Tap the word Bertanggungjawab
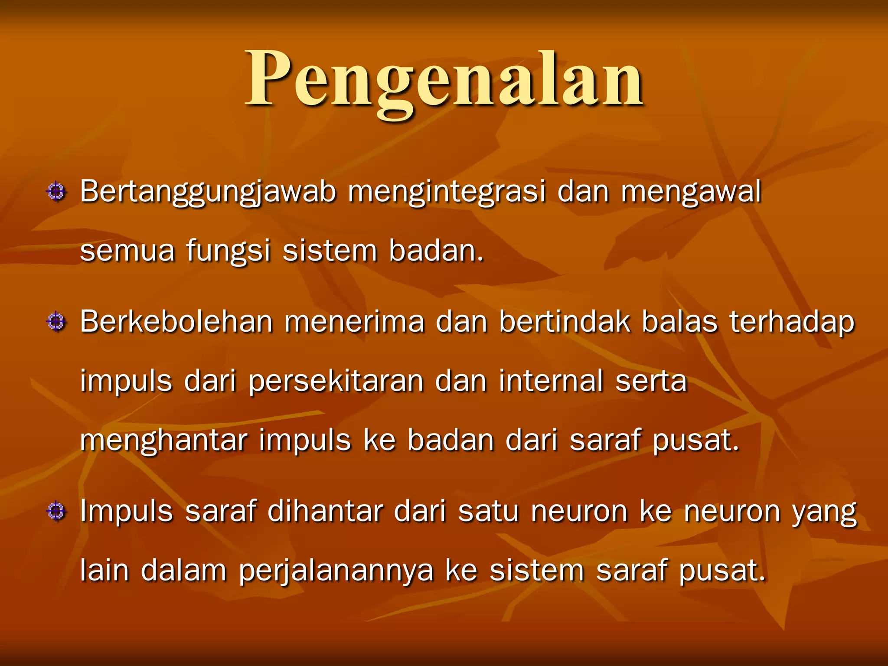pos(208,192)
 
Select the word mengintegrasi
pos(447,192)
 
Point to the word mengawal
pos(691,192)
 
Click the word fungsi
pos(228,251)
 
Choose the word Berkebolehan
pos(176,322)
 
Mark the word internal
pos(551,382)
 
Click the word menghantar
pos(163,441)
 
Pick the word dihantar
pos(325,512)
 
